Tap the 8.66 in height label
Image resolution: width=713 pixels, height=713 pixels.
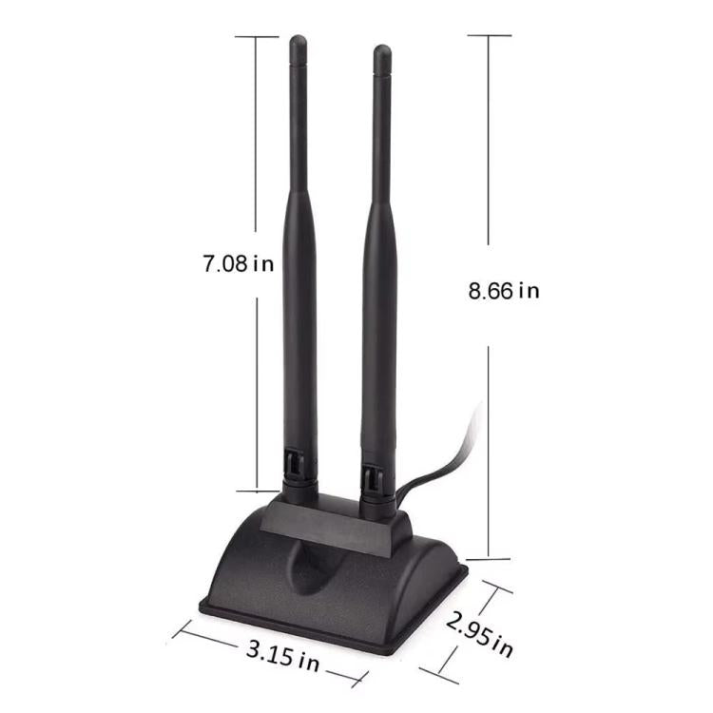pyautogui.click(x=503, y=290)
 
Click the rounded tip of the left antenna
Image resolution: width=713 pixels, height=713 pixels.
pyautogui.click(x=299, y=43)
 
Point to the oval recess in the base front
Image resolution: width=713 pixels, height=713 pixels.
pyautogui.click(x=314, y=570)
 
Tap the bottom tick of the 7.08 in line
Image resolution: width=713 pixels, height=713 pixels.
pyautogui.click(x=257, y=491)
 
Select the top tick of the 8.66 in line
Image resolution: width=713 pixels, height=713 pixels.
pyautogui.click(x=489, y=35)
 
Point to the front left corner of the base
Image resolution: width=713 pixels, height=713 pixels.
pyautogui.click(x=202, y=605)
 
